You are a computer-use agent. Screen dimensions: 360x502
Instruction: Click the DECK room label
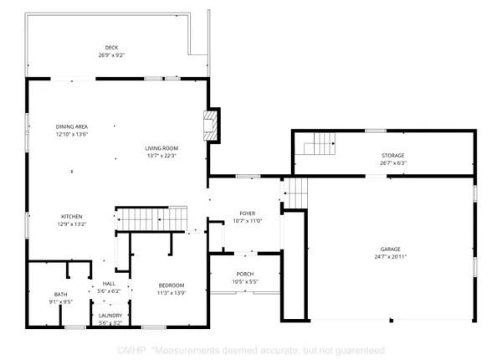(111, 48)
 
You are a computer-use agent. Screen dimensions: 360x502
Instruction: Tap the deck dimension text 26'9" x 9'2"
(111, 55)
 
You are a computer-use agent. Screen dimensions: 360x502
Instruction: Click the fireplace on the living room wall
(213, 126)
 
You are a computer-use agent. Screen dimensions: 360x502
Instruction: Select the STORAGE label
(393, 156)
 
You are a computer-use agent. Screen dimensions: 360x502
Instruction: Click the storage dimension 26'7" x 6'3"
(393, 163)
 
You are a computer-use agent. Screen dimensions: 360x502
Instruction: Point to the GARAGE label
(390, 249)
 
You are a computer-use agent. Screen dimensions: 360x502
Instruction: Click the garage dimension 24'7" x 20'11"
(390, 256)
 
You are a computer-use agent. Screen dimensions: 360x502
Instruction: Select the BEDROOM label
(172, 285)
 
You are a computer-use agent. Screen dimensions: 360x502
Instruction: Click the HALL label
(109, 284)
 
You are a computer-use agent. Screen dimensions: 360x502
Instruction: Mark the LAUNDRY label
(110, 316)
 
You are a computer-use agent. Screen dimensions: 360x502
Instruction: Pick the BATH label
(61, 295)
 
